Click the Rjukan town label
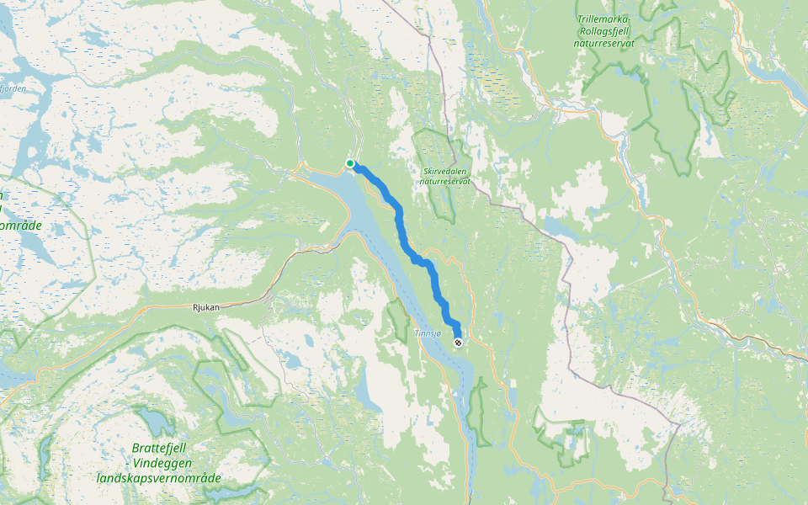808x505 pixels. tap(205, 307)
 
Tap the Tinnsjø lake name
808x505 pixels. tap(428, 334)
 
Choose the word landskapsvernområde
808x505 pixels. tap(158, 478)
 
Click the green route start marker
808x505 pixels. tap(350, 163)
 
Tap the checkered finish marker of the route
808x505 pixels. tap(458, 343)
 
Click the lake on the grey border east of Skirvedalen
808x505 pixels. tap(558, 227)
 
